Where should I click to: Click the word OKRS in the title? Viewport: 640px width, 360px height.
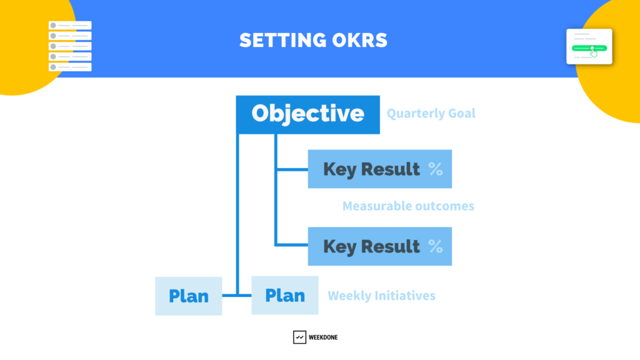(x=359, y=41)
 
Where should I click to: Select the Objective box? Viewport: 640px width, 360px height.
(x=307, y=115)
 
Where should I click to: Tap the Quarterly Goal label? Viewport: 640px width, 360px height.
(x=431, y=113)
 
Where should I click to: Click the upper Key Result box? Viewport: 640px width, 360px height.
(x=379, y=169)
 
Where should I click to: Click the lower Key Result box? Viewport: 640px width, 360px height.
(x=379, y=246)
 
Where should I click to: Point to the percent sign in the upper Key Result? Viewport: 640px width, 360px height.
(x=436, y=169)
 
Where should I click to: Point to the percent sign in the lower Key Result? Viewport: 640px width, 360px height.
(x=436, y=246)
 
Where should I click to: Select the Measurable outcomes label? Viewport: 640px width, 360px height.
(x=408, y=206)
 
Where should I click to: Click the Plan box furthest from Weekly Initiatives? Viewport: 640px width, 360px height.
(x=189, y=296)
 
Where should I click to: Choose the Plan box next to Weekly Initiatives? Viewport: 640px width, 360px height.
(x=285, y=295)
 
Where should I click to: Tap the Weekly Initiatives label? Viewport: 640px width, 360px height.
(x=382, y=296)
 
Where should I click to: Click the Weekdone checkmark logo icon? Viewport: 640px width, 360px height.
(x=299, y=337)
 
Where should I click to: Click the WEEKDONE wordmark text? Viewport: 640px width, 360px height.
(x=323, y=337)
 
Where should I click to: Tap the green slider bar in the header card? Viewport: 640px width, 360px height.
(x=589, y=48)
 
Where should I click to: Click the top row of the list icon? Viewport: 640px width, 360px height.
(x=70, y=25)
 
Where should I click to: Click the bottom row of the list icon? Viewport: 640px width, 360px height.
(x=70, y=67)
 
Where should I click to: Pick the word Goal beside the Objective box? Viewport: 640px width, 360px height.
(x=462, y=113)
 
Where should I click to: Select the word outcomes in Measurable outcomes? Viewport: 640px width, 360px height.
(x=442, y=206)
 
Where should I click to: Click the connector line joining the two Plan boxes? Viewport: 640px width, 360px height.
(x=237, y=295)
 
